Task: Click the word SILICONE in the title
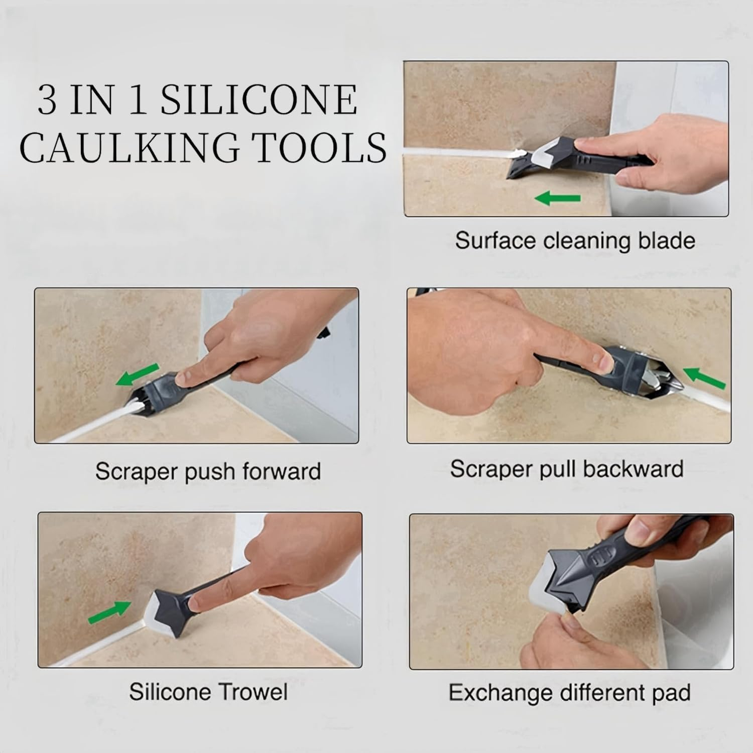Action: pyautogui.click(x=259, y=100)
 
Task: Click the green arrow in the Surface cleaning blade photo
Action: pyautogui.click(x=558, y=199)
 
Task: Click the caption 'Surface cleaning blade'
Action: pyautogui.click(x=575, y=241)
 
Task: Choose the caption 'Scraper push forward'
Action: pyautogui.click(x=208, y=471)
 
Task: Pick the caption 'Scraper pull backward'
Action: pyautogui.click(x=567, y=469)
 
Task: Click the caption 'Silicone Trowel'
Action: pyautogui.click(x=208, y=692)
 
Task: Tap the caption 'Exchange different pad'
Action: pyautogui.click(x=569, y=693)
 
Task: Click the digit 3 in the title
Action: pyautogui.click(x=47, y=100)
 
